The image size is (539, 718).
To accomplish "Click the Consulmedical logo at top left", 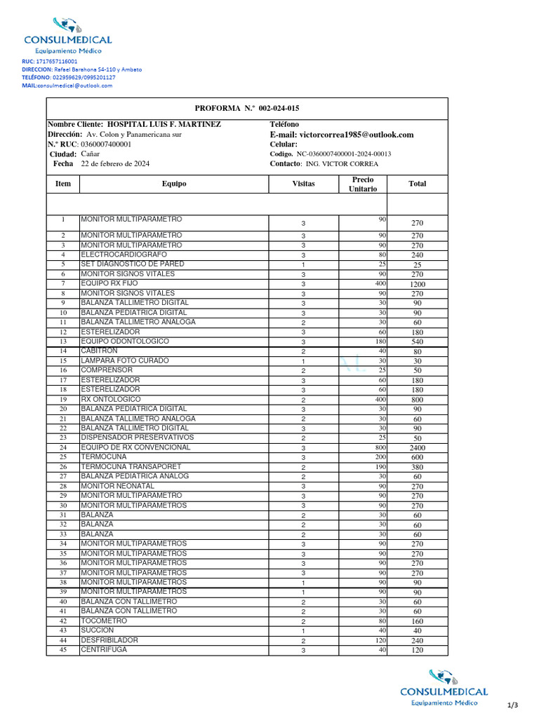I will [67, 35].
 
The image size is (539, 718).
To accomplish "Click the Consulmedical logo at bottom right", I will [444, 687].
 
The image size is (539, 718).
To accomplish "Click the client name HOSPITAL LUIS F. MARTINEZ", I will [163, 124].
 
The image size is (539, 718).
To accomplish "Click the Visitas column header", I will [303, 184].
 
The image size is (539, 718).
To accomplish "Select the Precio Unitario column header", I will [363, 184].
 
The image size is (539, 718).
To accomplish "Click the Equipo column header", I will [174, 184].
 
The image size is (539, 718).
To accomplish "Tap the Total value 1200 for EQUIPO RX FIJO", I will [417, 285].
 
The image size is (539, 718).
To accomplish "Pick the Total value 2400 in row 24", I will [417, 447].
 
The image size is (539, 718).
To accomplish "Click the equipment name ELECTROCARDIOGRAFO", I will [124, 255].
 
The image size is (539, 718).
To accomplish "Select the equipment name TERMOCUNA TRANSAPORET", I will [131, 466].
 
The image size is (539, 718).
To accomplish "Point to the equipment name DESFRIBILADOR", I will [109, 640].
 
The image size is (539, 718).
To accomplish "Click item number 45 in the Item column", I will [63, 650].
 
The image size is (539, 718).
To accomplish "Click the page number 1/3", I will [512, 704].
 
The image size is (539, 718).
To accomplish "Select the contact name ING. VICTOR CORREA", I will [342, 164].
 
